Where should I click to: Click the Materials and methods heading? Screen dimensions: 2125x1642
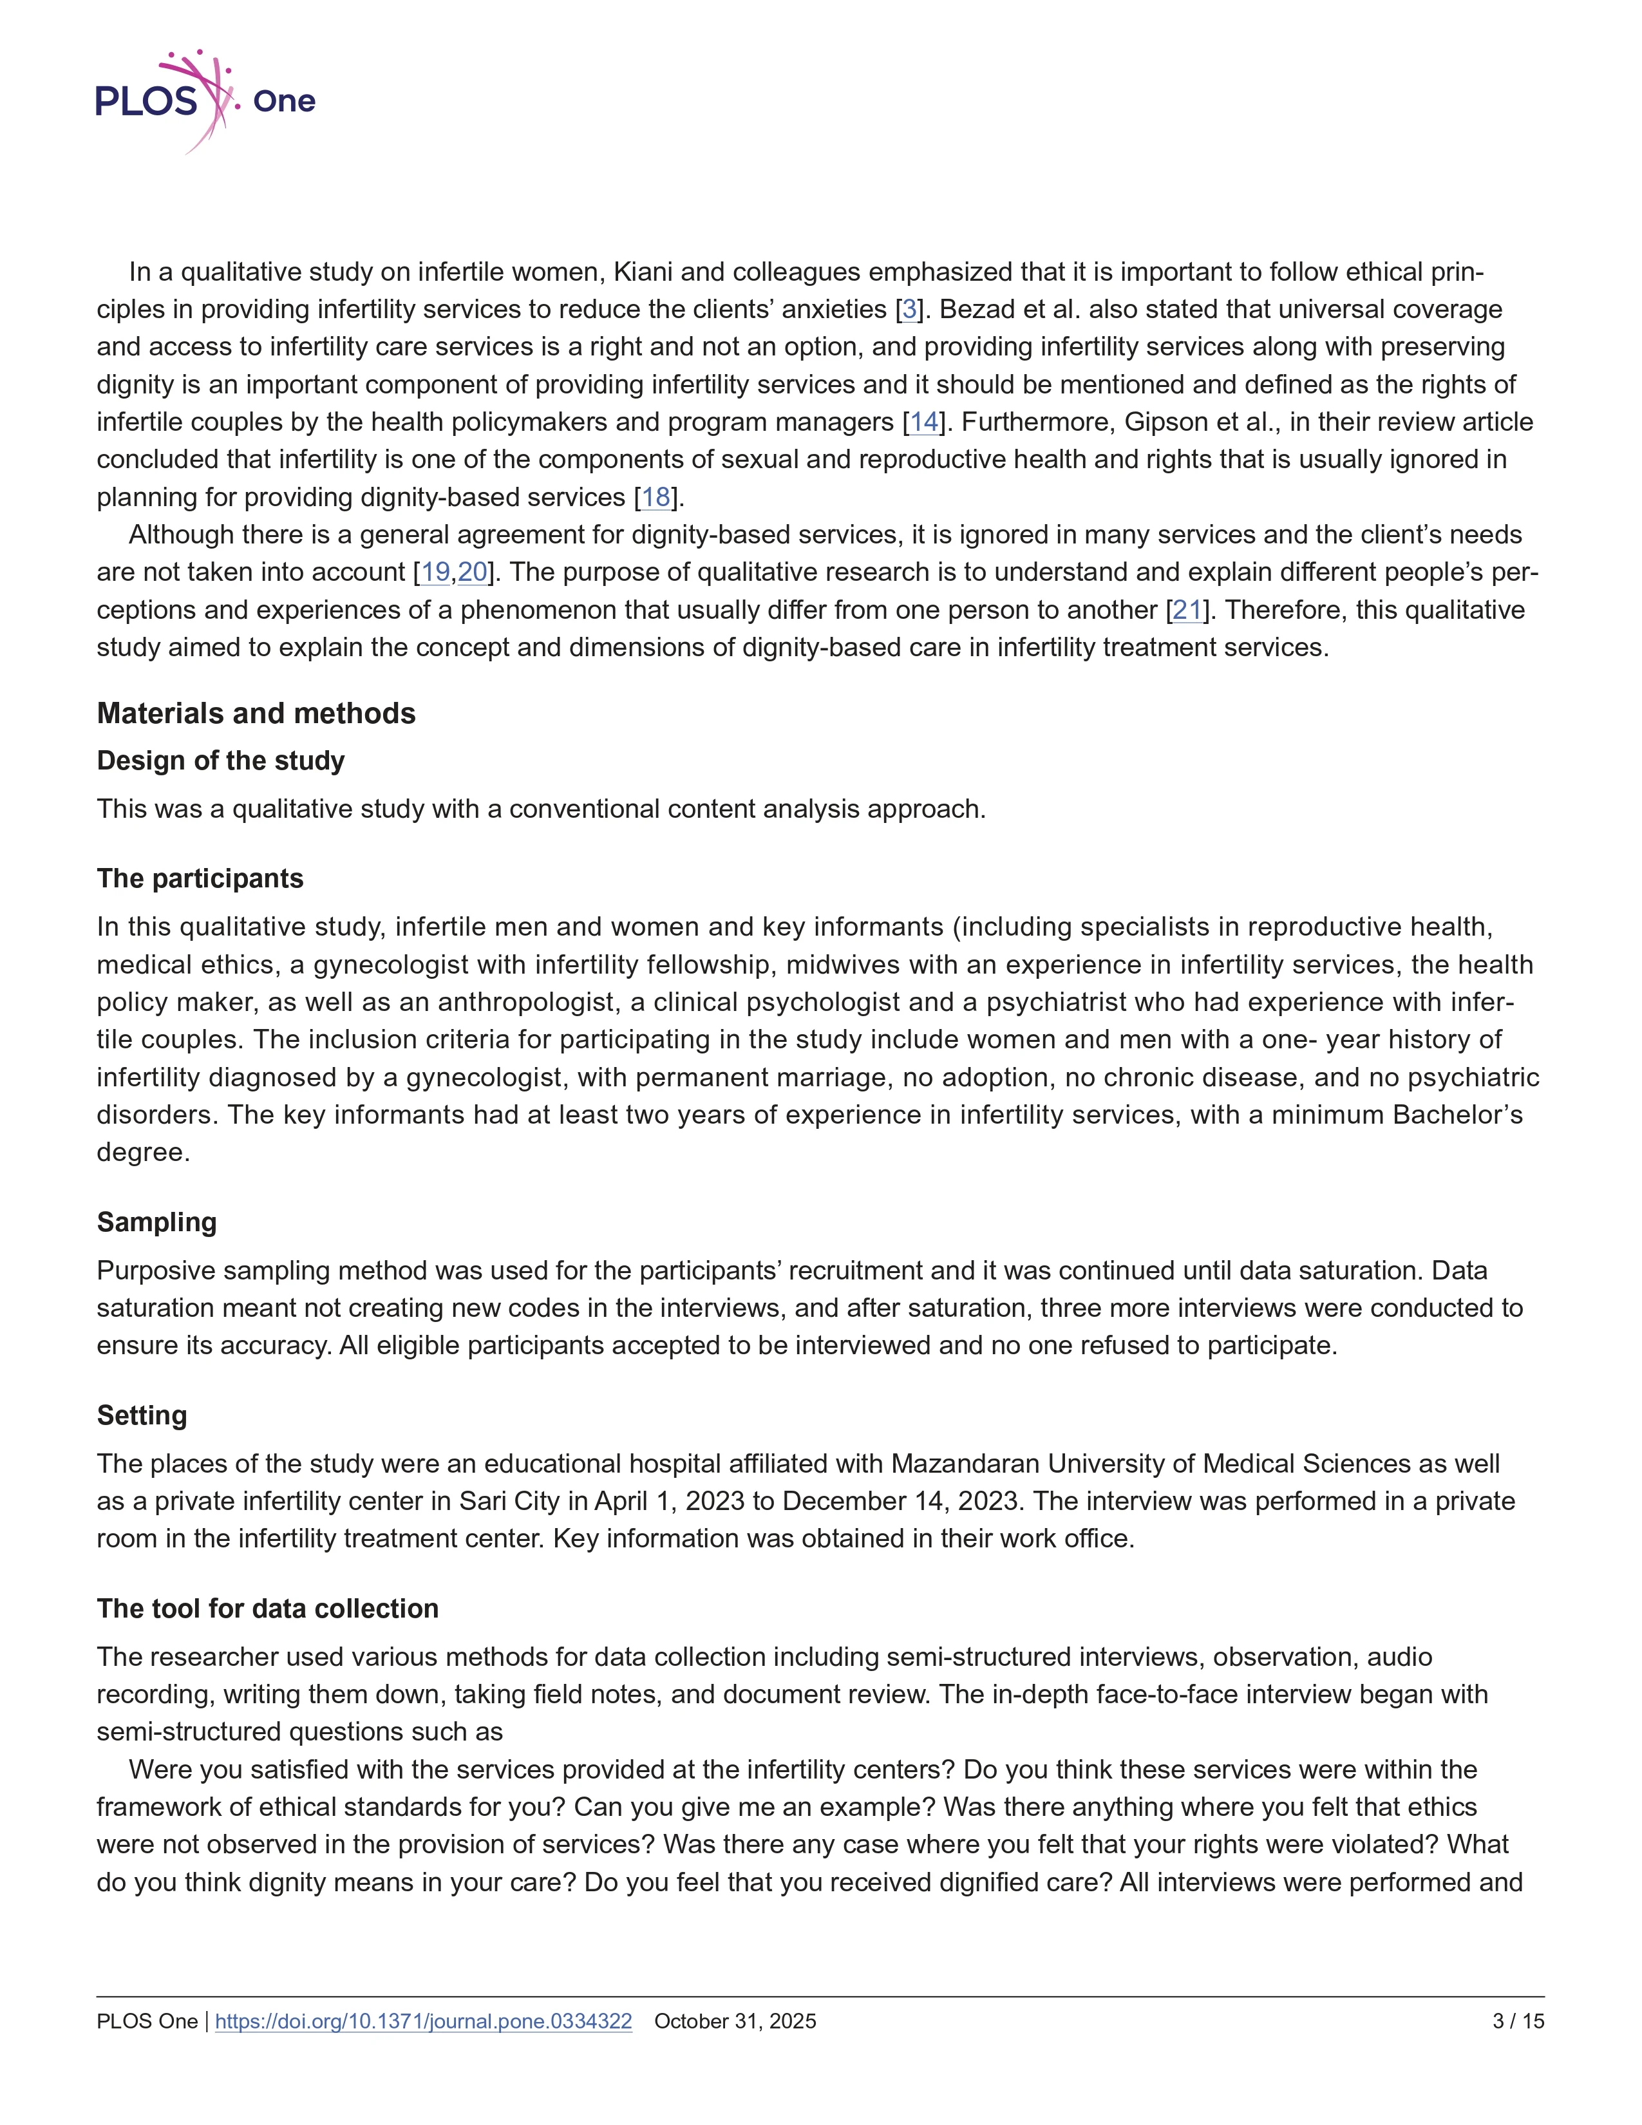point(256,713)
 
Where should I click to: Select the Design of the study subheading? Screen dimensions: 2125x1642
point(221,761)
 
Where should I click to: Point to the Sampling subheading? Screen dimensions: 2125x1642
point(156,1222)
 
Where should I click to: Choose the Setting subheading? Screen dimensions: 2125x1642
point(142,1415)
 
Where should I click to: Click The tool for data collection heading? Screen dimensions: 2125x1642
point(267,1609)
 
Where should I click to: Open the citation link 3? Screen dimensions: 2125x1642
point(909,309)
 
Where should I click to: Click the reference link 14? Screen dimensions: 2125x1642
point(924,422)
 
